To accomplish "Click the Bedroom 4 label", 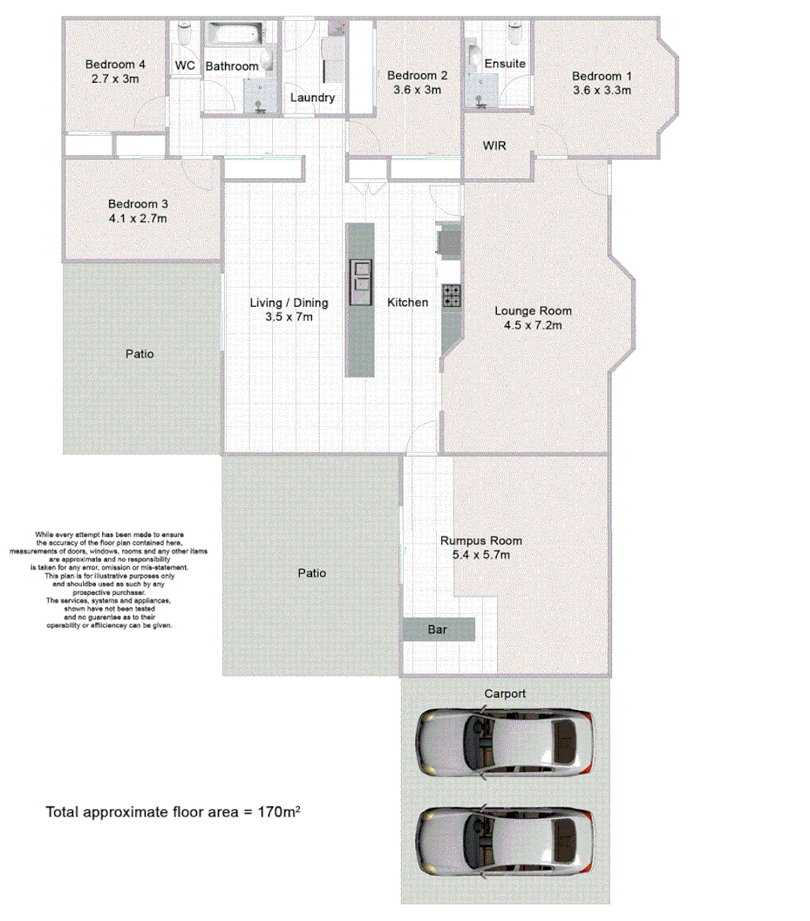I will point(115,65).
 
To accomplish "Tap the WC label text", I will point(185,66).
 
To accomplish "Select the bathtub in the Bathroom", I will point(233,38).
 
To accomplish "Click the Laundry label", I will point(312,98).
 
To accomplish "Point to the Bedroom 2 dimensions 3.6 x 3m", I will point(418,89).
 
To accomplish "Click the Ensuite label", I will point(505,64).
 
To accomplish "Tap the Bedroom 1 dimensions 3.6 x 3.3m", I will point(602,90).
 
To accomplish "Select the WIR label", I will point(494,146).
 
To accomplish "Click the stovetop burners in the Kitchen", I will point(452,296).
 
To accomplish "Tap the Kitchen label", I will point(408,303).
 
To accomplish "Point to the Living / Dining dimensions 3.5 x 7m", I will point(289,317).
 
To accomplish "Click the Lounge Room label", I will point(533,310).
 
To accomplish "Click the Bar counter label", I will point(438,629).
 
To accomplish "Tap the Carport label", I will point(505,693).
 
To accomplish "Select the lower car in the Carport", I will point(505,841).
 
